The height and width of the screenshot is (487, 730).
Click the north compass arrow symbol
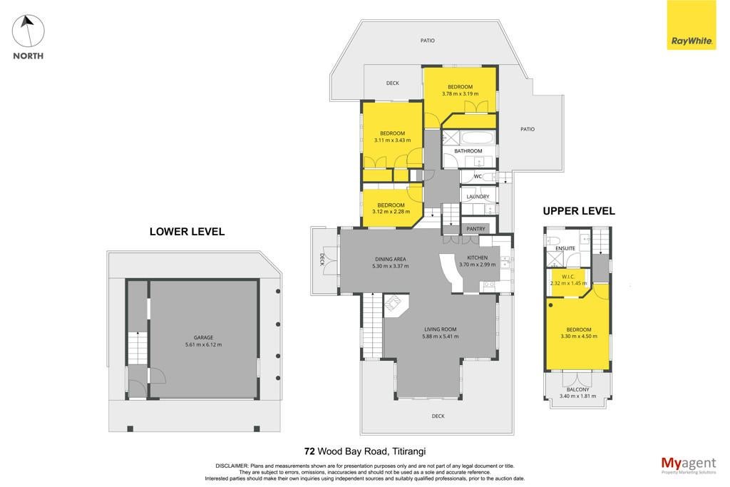click(x=29, y=31)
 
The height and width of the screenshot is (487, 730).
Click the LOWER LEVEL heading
click(x=187, y=232)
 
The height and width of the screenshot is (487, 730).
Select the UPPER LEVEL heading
click(x=579, y=211)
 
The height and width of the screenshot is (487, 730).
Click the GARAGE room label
click(x=203, y=337)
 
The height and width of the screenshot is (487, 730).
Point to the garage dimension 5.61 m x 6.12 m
click(x=203, y=345)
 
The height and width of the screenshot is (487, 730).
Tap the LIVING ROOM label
click(x=440, y=329)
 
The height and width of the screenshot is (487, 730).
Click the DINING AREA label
click(x=391, y=260)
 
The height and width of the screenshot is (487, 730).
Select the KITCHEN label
click(x=478, y=257)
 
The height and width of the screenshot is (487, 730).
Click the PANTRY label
click(x=475, y=229)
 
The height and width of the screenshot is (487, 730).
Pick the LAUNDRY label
click(x=478, y=197)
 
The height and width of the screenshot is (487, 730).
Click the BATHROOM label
click(x=468, y=151)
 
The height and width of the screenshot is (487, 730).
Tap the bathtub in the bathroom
click(x=477, y=138)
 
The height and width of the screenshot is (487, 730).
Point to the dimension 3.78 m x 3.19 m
click(x=460, y=93)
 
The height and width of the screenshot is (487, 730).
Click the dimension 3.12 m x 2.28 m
click(x=391, y=212)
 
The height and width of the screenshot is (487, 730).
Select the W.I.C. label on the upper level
click(x=568, y=277)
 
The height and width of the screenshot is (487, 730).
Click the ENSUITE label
click(x=565, y=249)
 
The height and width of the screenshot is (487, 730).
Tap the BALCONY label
click(x=577, y=390)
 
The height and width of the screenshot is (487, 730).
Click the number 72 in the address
click(x=309, y=451)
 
